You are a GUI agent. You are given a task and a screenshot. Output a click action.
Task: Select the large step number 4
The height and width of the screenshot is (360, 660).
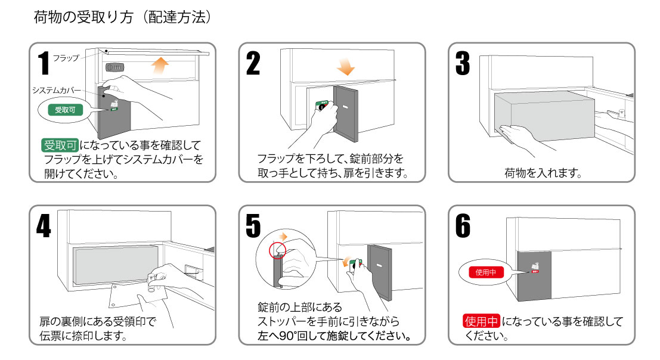click(x=43, y=225)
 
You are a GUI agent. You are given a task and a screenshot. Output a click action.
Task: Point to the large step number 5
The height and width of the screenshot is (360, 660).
click(x=253, y=225)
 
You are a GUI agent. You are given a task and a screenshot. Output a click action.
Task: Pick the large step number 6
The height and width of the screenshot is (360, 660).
click(x=463, y=225)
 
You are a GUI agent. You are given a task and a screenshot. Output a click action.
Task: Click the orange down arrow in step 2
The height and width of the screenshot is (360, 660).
click(x=345, y=67)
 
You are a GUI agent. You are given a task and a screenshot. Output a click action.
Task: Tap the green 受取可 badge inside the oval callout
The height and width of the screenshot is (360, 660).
click(x=61, y=110)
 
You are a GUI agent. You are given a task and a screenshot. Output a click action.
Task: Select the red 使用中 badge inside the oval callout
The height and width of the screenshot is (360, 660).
click(x=482, y=272)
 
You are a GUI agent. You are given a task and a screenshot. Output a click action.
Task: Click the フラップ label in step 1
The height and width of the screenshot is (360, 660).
click(x=66, y=58)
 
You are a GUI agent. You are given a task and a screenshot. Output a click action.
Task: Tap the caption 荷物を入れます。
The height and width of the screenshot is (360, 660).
click(x=542, y=173)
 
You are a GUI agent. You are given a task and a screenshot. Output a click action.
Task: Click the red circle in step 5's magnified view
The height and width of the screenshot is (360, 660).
click(x=277, y=249)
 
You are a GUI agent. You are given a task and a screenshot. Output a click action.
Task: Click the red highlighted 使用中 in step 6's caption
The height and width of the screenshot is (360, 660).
click(x=481, y=322)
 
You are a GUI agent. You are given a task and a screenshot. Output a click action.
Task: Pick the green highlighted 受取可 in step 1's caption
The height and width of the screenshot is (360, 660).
click(x=60, y=145)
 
